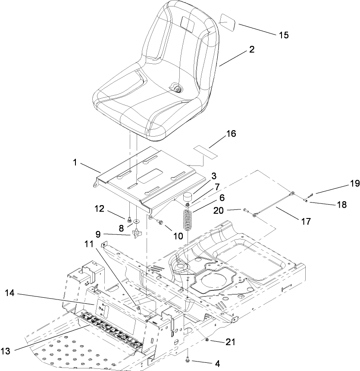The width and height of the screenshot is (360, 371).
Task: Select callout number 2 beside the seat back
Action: [251, 50]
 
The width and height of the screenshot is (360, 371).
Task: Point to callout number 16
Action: [231, 134]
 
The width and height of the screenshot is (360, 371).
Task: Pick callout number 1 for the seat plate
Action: [77, 164]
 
